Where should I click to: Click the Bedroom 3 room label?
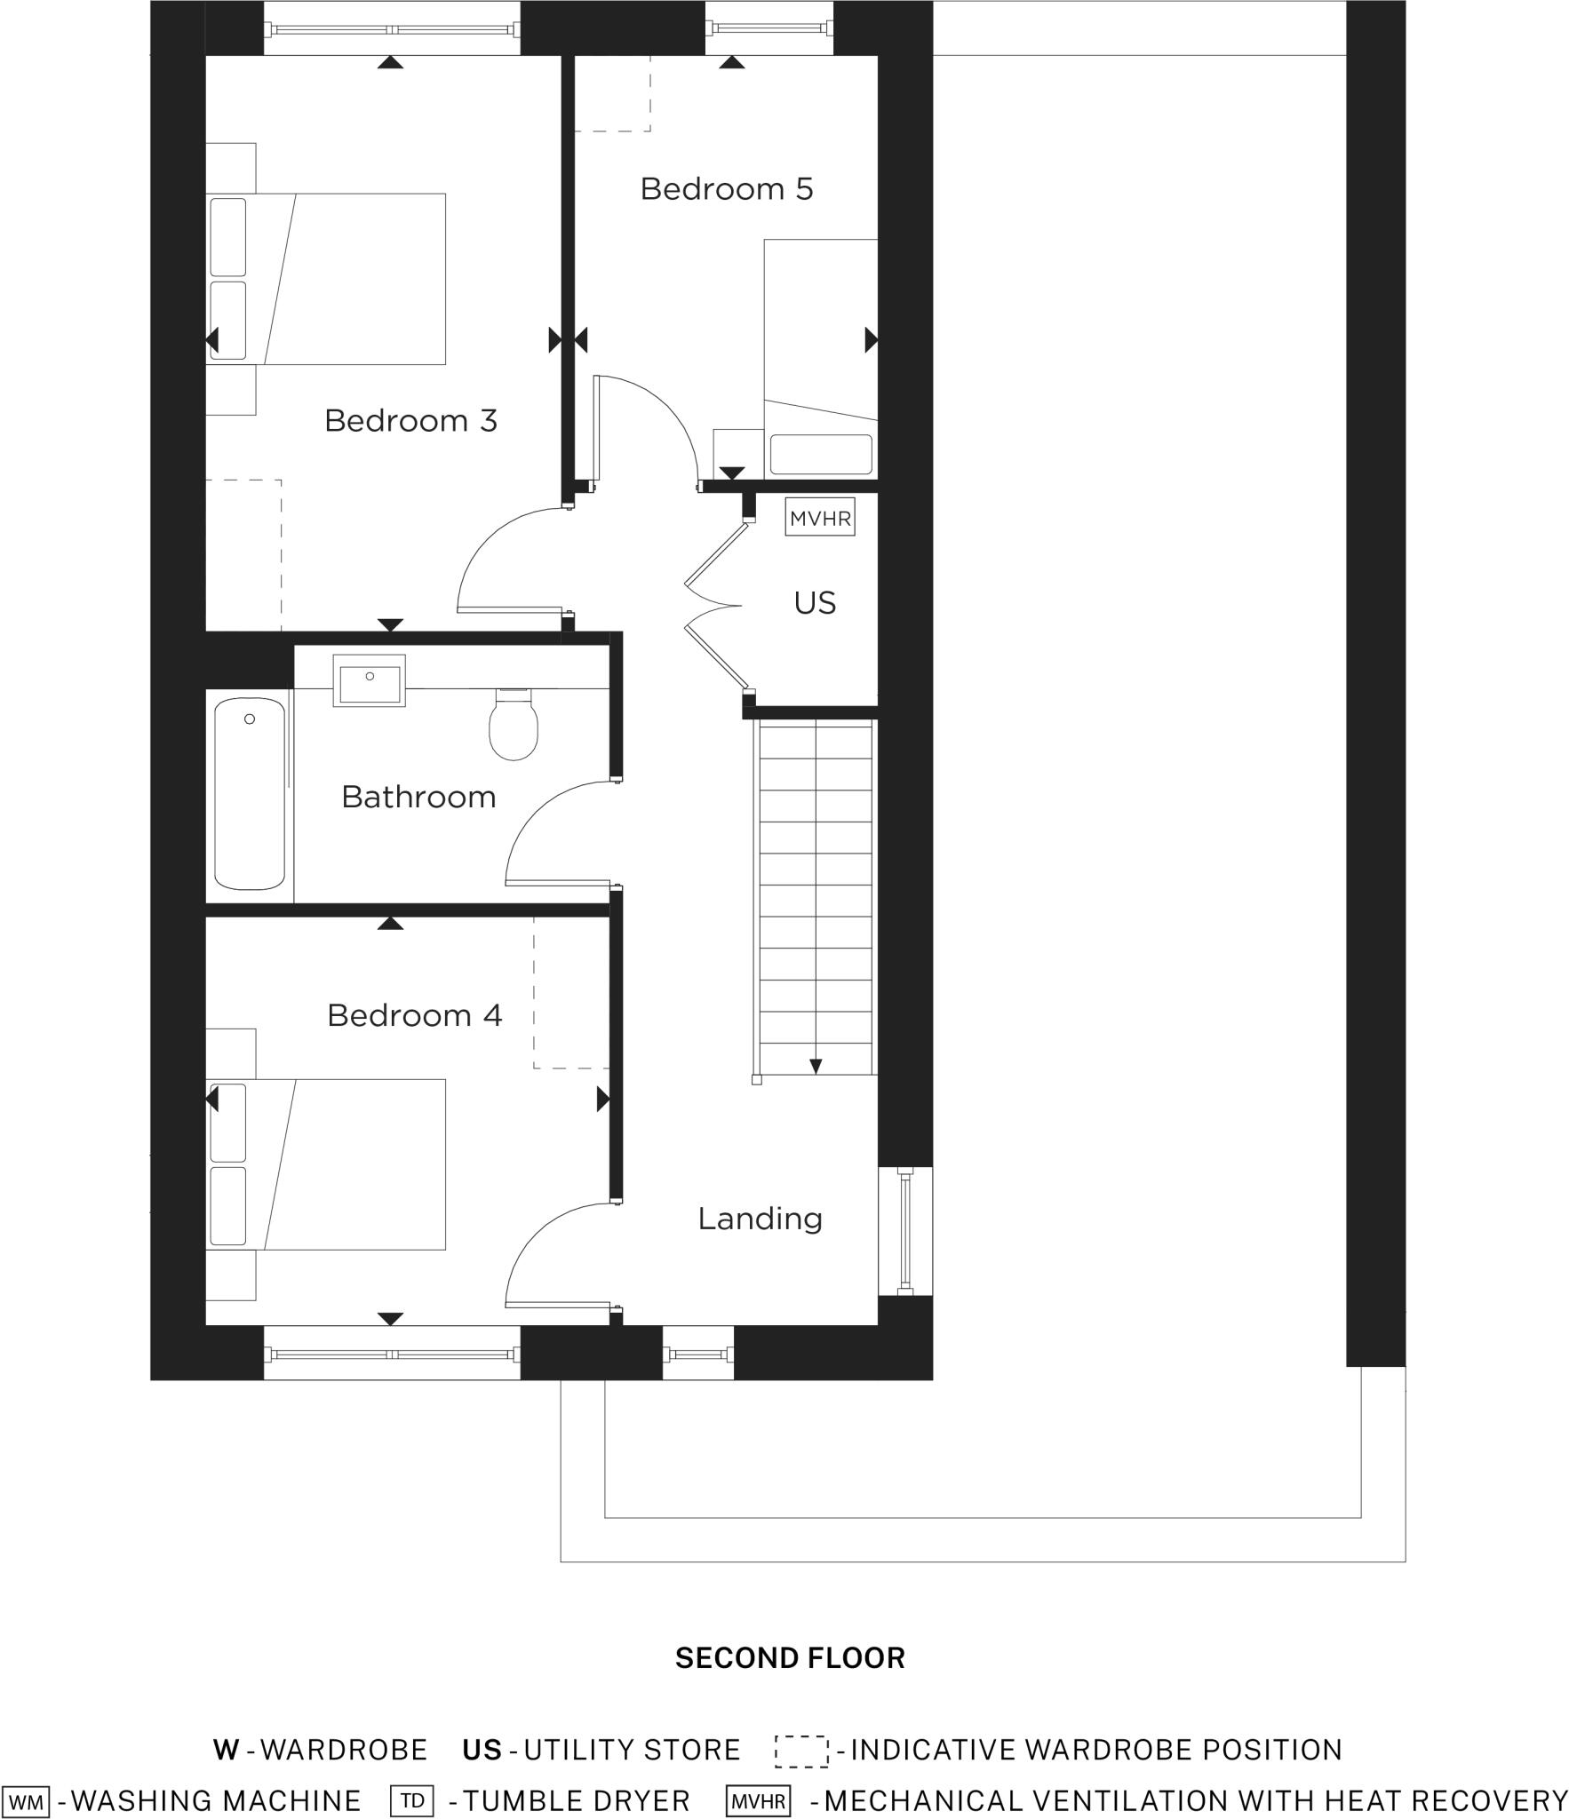[x=410, y=420]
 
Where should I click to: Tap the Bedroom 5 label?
[x=727, y=189]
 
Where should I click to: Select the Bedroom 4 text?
[x=414, y=1014]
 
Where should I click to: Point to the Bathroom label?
[x=418, y=797]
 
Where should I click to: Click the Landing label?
[x=760, y=1218]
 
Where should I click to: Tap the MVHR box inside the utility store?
[x=820, y=519]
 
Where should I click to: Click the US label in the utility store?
[x=815, y=603]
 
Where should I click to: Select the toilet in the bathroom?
[x=514, y=725]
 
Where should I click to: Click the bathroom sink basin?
[x=370, y=681]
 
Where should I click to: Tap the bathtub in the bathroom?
[x=250, y=793]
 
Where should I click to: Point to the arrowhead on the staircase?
[x=816, y=1067]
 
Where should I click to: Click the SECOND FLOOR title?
[x=790, y=1657]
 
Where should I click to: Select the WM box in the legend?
[x=26, y=1800]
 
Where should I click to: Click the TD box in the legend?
[x=411, y=1800]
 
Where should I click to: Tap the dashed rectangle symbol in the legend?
[x=800, y=1751]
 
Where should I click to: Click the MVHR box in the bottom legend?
[x=758, y=1800]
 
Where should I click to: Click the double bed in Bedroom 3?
[x=327, y=279]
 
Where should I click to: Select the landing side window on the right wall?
[x=905, y=1231]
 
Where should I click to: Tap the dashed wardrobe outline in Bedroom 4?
[x=571, y=992]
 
